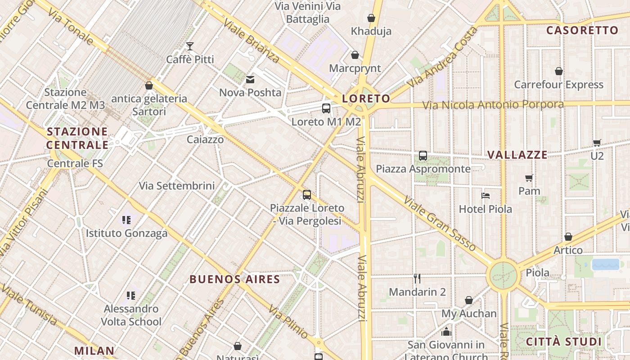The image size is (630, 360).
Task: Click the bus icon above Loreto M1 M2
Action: (326, 108)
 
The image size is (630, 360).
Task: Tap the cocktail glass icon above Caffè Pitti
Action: (190, 46)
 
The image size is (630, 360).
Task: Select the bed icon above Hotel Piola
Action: (485, 196)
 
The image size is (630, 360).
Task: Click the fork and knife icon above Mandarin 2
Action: (417, 279)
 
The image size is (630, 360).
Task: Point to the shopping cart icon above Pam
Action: (529, 178)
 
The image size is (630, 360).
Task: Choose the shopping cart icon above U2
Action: (597, 143)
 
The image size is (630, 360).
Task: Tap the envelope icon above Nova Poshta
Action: (250, 80)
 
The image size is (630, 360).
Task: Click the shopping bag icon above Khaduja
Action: (371, 18)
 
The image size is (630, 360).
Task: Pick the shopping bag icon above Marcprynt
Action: (355, 55)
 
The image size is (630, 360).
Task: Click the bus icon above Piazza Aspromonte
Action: (423, 156)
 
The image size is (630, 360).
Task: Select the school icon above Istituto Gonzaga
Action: (126, 220)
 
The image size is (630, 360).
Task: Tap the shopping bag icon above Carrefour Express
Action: (559, 71)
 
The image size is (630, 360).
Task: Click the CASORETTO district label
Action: (582, 30)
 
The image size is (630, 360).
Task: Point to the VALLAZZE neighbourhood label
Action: (517, 155)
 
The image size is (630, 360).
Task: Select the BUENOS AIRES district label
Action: (235, 279)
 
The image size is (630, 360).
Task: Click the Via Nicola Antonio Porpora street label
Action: (493, 105)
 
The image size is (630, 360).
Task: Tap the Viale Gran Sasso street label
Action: (440, 223)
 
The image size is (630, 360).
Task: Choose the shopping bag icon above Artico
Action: (568, 237)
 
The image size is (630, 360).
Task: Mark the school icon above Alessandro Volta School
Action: (131, 296)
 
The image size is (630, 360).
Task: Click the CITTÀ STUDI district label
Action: (564, 342)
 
